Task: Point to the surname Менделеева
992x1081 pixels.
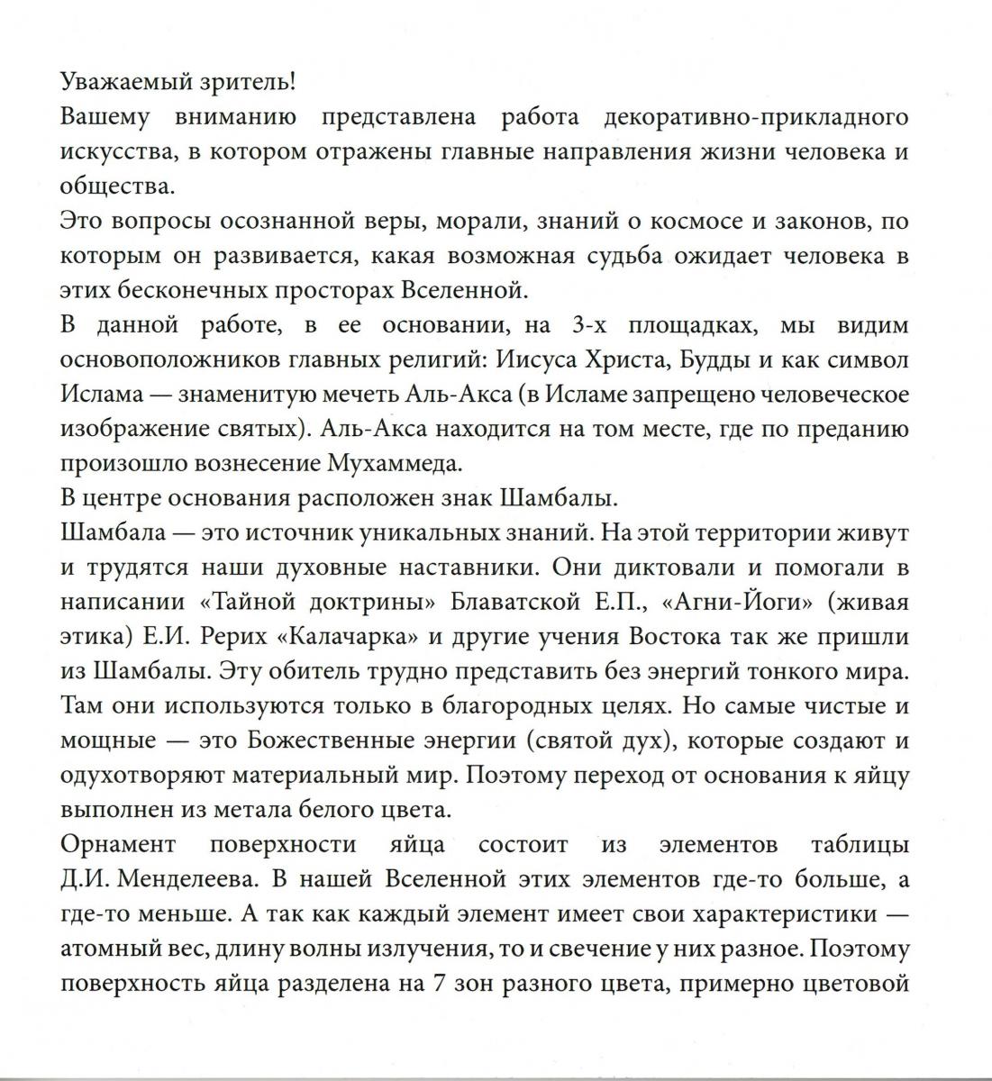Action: pyautogui.click(x=179, y=880)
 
